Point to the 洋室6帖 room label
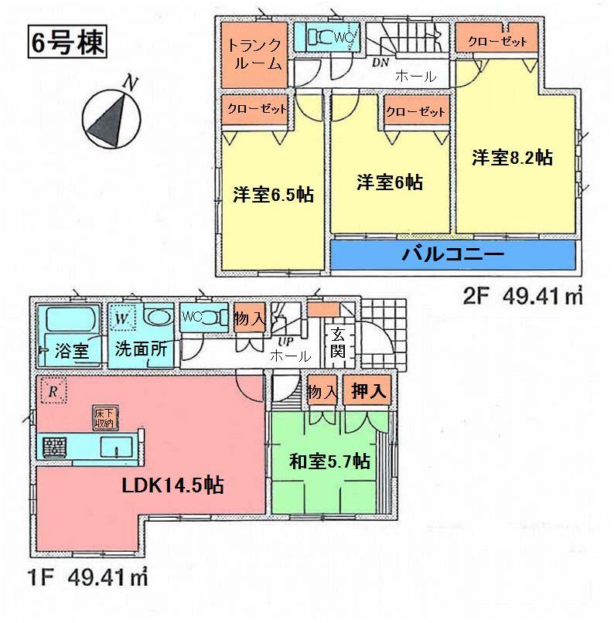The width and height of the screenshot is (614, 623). click(389, 183)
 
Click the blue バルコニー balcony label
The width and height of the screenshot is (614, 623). click(452, 254)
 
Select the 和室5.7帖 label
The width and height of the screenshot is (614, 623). click(329, 462)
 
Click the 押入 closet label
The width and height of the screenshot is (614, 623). click(370, 390)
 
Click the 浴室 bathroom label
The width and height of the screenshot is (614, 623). click(70, 350)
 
